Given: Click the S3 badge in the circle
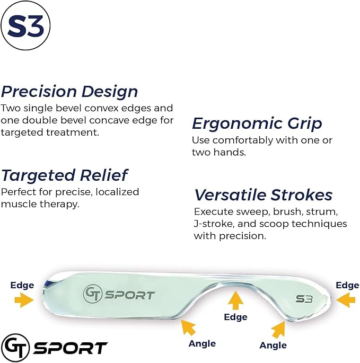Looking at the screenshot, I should point(26,26).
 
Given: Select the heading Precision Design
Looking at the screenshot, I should point(69,91).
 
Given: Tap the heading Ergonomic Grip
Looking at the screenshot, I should point(257,123).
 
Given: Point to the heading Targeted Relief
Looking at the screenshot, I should point(64,175).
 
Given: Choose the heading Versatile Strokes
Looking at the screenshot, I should point(263,195).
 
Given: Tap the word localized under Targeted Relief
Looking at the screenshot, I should point(119,191).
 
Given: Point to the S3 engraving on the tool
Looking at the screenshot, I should point(304,299).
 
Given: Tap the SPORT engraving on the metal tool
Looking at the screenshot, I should point(130,295).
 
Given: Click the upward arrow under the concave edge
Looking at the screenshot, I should point(235,301).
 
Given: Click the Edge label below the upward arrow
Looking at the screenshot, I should point(235,317).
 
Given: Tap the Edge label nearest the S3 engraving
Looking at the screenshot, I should point(347,286).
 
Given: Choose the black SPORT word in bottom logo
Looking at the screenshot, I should point(70,348).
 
